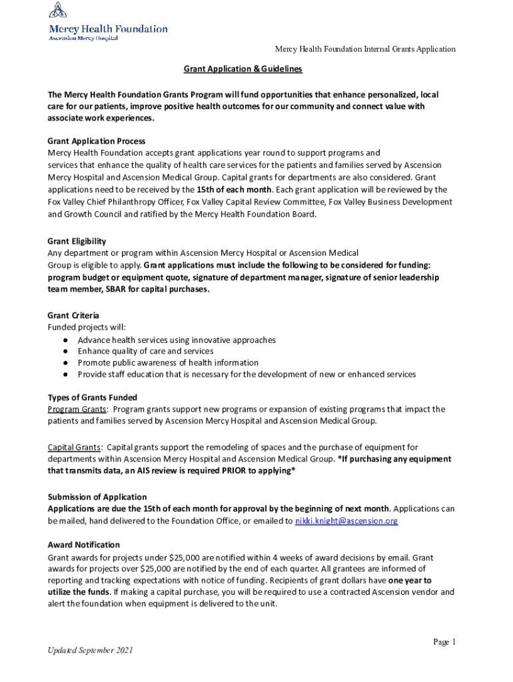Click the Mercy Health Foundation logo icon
tap(58, 11)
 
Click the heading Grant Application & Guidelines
tap(243, 69)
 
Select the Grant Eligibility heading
tap(77, 241)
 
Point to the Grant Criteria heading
tap(73, 315)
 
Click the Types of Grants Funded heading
tap(93, 398)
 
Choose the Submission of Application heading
tap(97, 497)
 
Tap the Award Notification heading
tap(84, 545)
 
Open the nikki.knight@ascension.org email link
tap(346, 521)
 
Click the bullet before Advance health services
tap(66, 340)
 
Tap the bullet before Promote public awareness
tap(66, 363)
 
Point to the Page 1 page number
tap(444, 642)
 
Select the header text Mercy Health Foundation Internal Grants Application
tap(366, 49)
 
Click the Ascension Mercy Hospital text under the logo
tap(84, 38)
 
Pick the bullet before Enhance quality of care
tap(66, 352)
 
